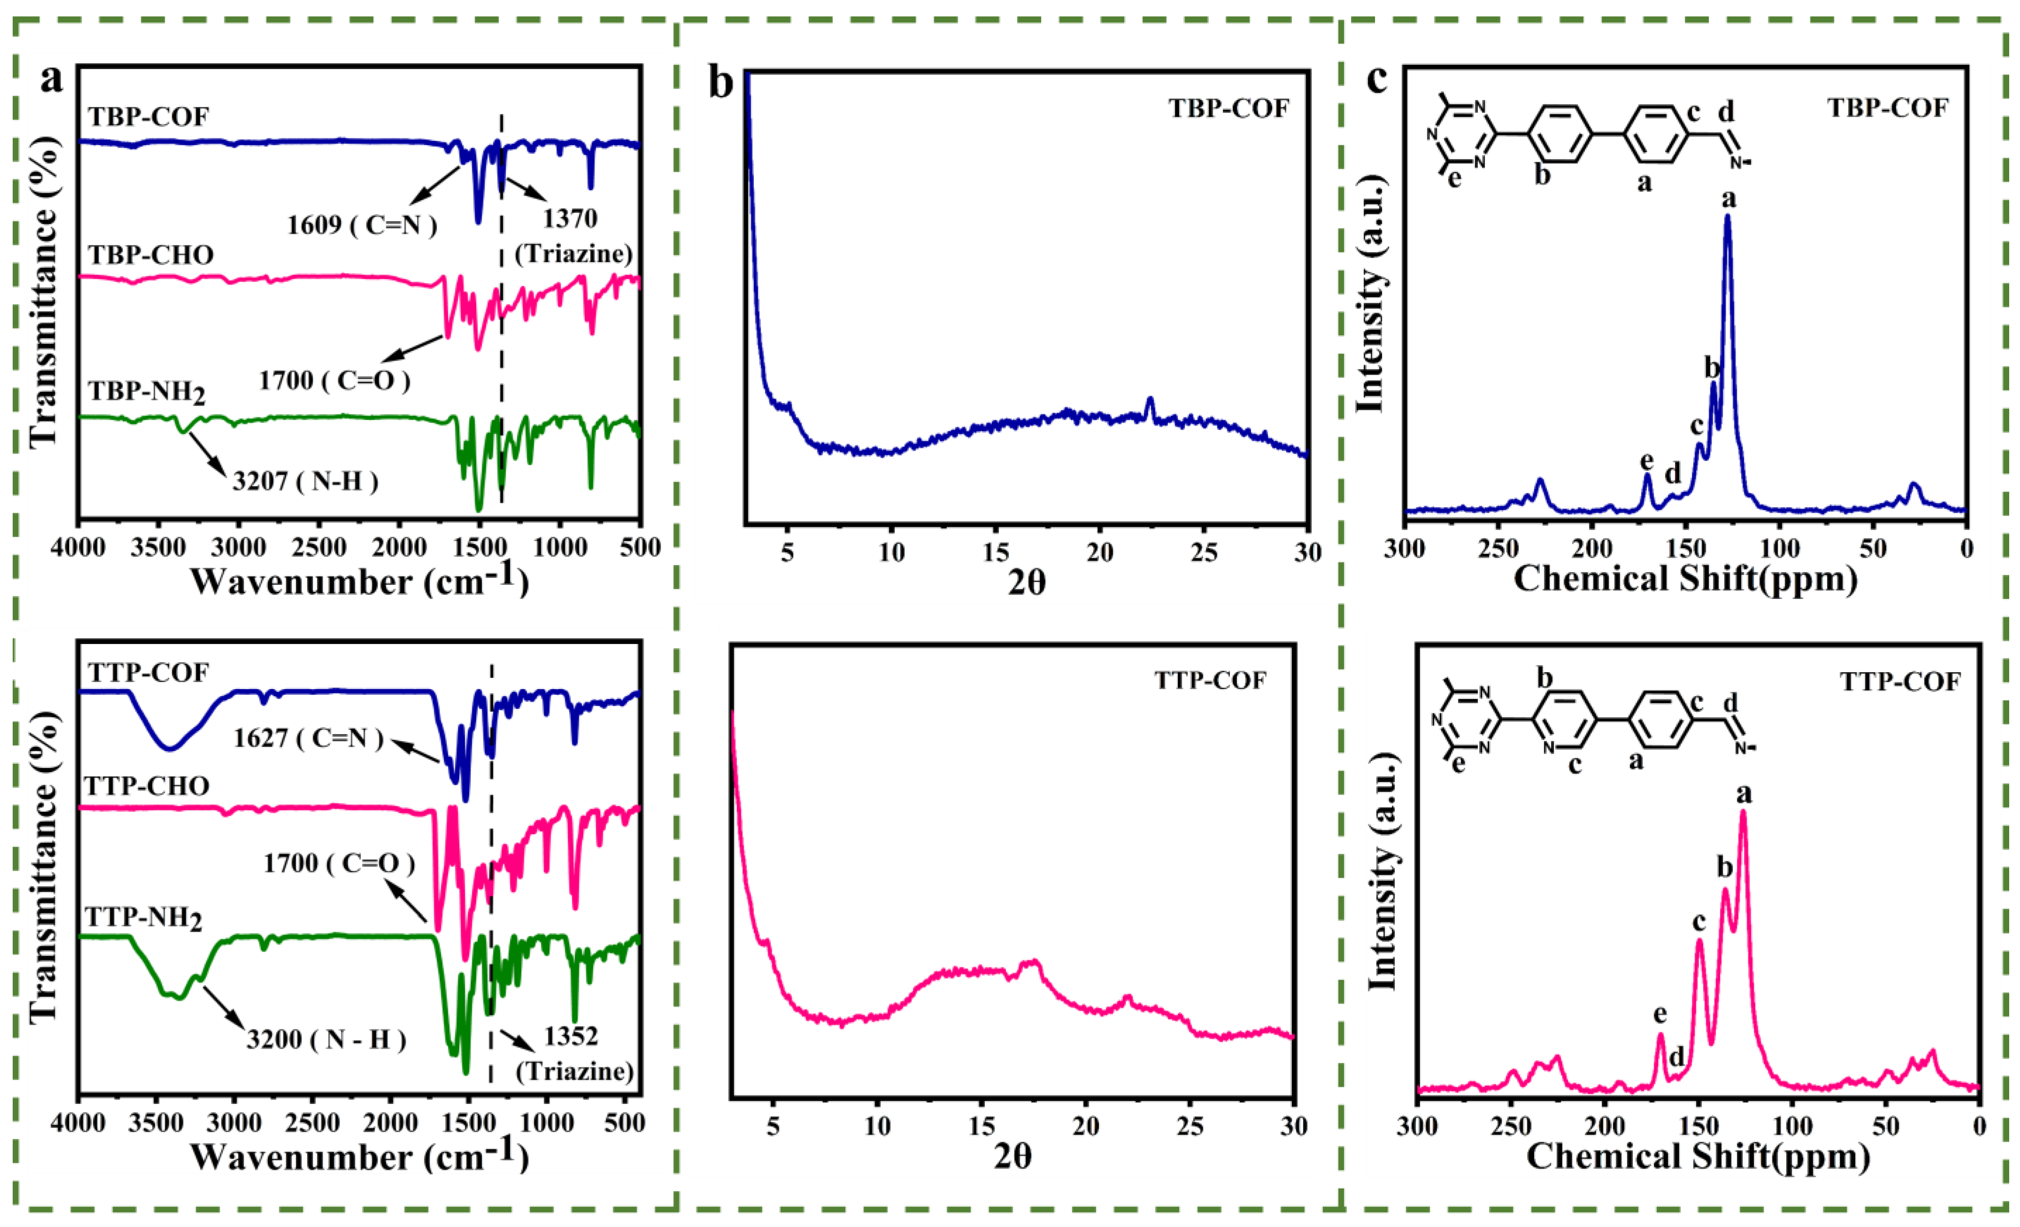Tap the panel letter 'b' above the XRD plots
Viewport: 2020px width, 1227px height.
point(721,83)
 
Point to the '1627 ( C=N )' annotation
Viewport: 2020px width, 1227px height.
point(308,738)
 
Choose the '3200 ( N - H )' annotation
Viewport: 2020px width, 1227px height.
point(326,1039)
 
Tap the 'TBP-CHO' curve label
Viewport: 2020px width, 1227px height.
point(151,255)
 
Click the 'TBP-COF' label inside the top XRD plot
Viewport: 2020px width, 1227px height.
point(1229,107)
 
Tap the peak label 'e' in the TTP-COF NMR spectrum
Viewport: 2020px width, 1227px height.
point(1660,1015)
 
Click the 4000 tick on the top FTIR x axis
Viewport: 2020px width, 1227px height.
point(78,547)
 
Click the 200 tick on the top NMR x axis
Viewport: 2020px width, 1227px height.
point(1592,547)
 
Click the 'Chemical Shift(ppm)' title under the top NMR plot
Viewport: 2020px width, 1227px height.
point(1685,579)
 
